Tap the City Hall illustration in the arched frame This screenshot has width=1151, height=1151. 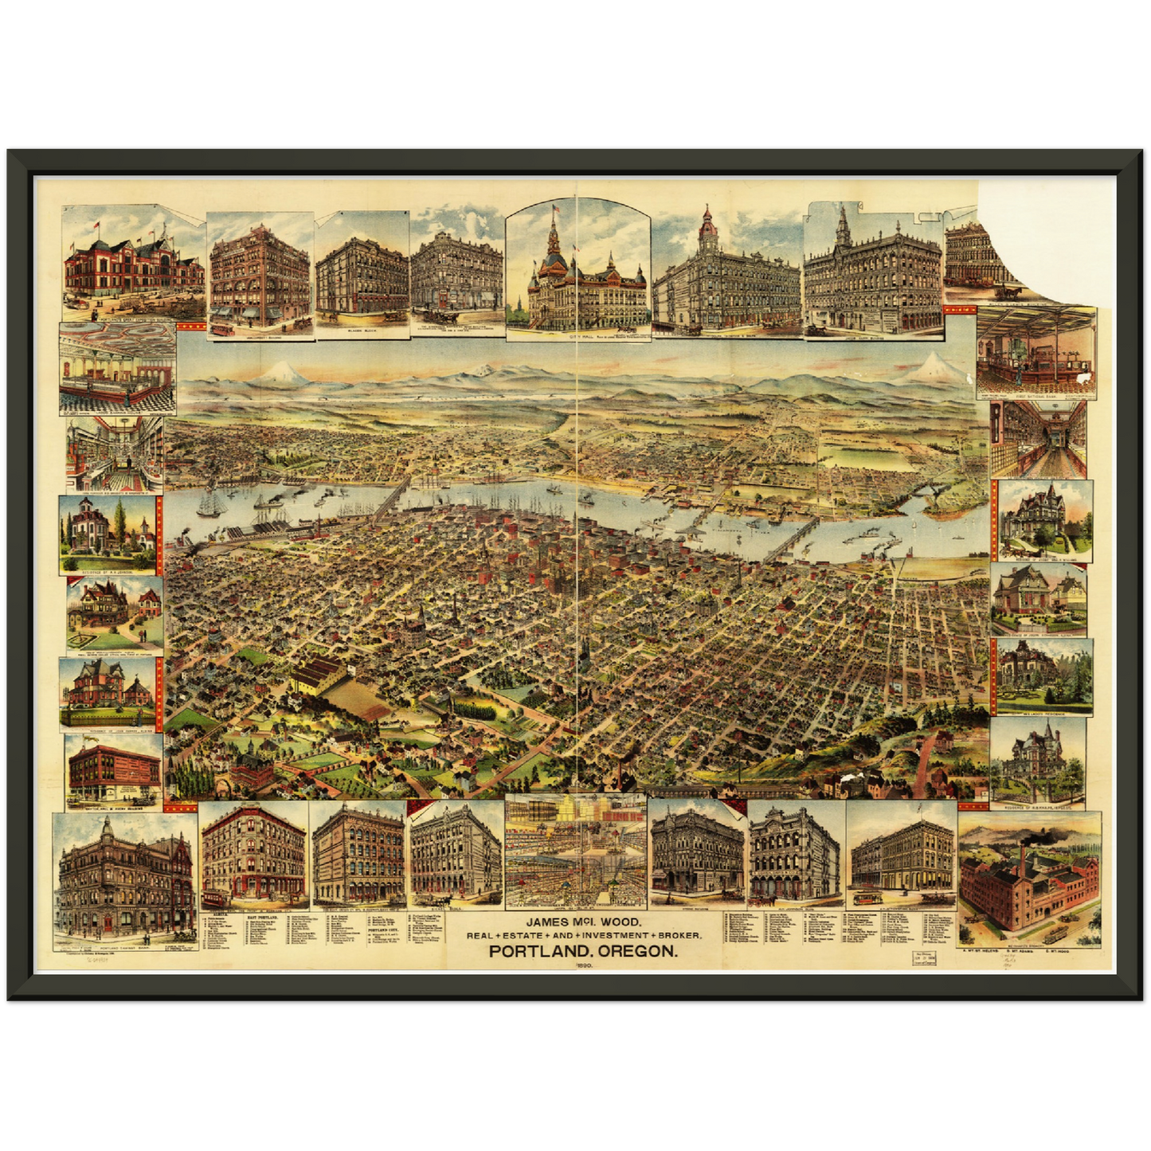point(577,275)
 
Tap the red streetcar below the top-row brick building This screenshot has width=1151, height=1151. point(221,327)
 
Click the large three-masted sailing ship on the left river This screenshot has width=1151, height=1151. point(213,504)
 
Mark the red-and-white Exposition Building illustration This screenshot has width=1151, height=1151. point(133,267)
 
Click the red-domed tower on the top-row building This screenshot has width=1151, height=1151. point(707,225)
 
